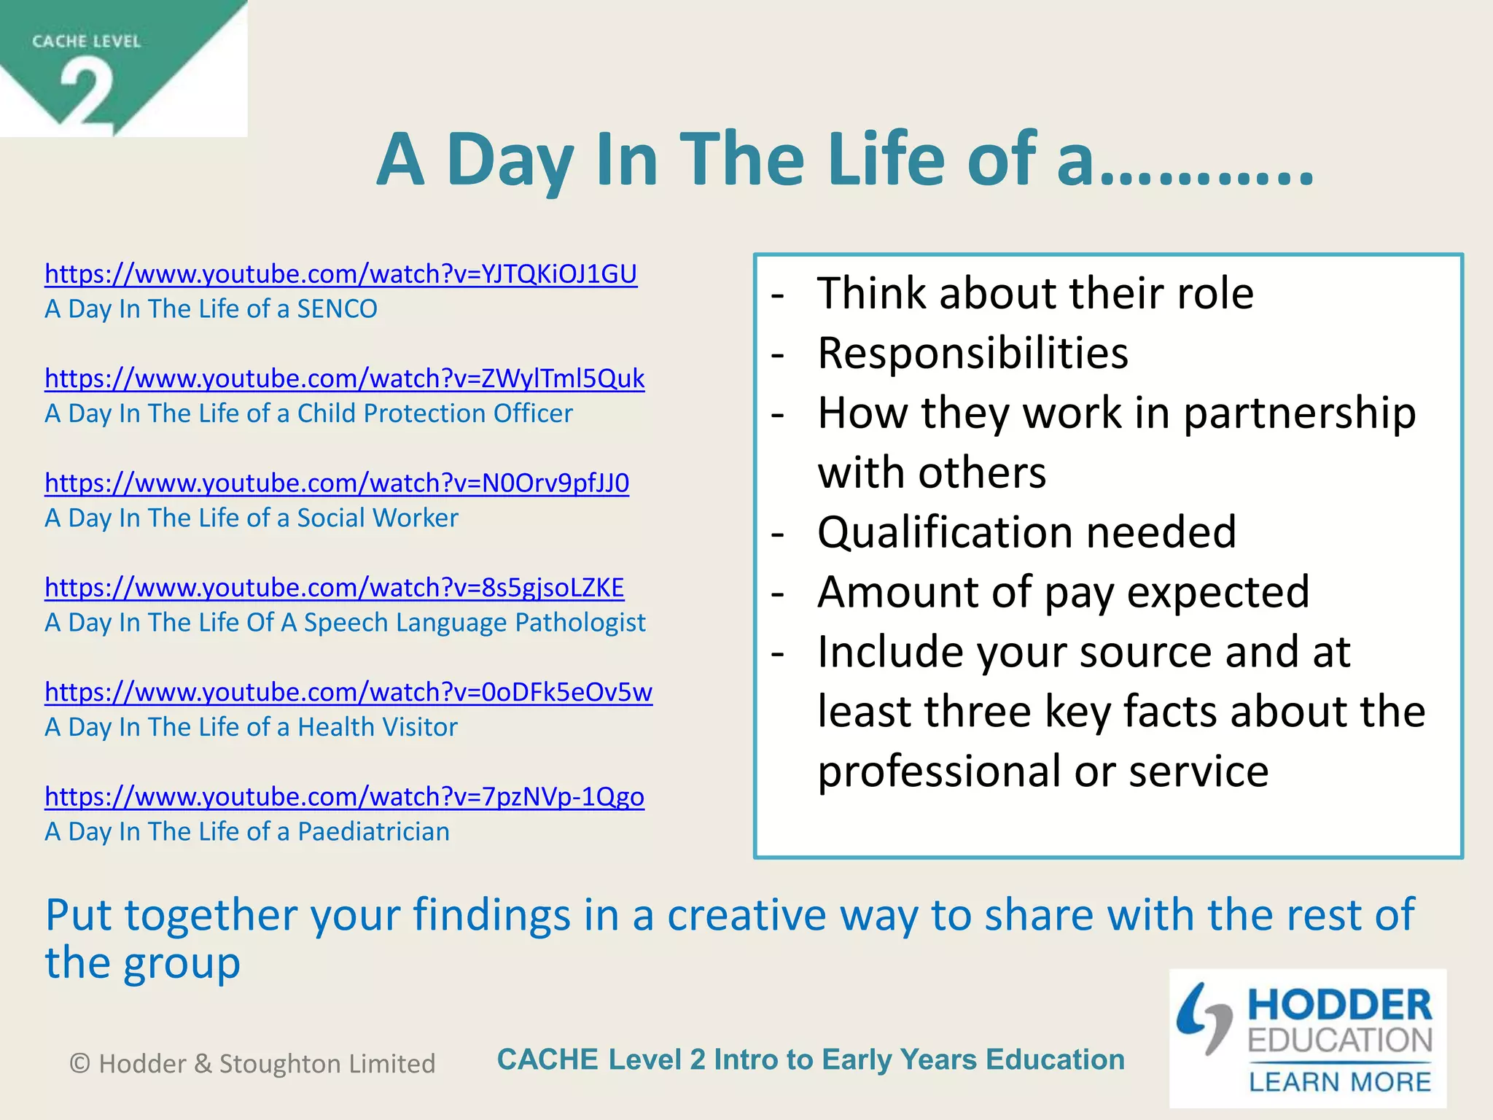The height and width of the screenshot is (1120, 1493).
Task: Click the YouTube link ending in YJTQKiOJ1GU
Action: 340,274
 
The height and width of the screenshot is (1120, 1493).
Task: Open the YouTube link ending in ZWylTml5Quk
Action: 344,378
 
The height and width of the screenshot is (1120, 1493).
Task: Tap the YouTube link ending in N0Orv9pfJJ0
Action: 336,483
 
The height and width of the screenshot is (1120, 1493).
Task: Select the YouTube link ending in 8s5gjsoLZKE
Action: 334,588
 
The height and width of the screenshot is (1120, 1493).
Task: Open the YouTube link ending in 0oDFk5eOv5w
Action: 348,692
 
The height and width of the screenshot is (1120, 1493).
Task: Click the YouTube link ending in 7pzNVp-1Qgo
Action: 344,797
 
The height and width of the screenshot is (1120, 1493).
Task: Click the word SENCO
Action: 337,309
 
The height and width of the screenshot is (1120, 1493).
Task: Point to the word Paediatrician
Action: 373,832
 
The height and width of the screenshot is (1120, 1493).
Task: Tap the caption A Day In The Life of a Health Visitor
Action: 251,727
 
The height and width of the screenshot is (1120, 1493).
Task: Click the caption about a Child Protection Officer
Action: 308,413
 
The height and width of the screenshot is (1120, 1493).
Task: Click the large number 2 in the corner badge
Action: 87,95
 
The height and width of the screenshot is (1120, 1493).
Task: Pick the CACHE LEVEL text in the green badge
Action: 86,42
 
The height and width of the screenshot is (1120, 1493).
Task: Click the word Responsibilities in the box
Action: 972,354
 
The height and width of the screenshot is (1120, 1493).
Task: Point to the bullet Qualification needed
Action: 1026,532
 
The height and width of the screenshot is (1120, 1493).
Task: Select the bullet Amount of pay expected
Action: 1063,592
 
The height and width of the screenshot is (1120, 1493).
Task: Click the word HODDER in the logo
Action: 1340,1005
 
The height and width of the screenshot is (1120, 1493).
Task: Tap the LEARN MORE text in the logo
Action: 1340,1082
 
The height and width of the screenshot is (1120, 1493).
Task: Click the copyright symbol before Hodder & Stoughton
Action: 79,1064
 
